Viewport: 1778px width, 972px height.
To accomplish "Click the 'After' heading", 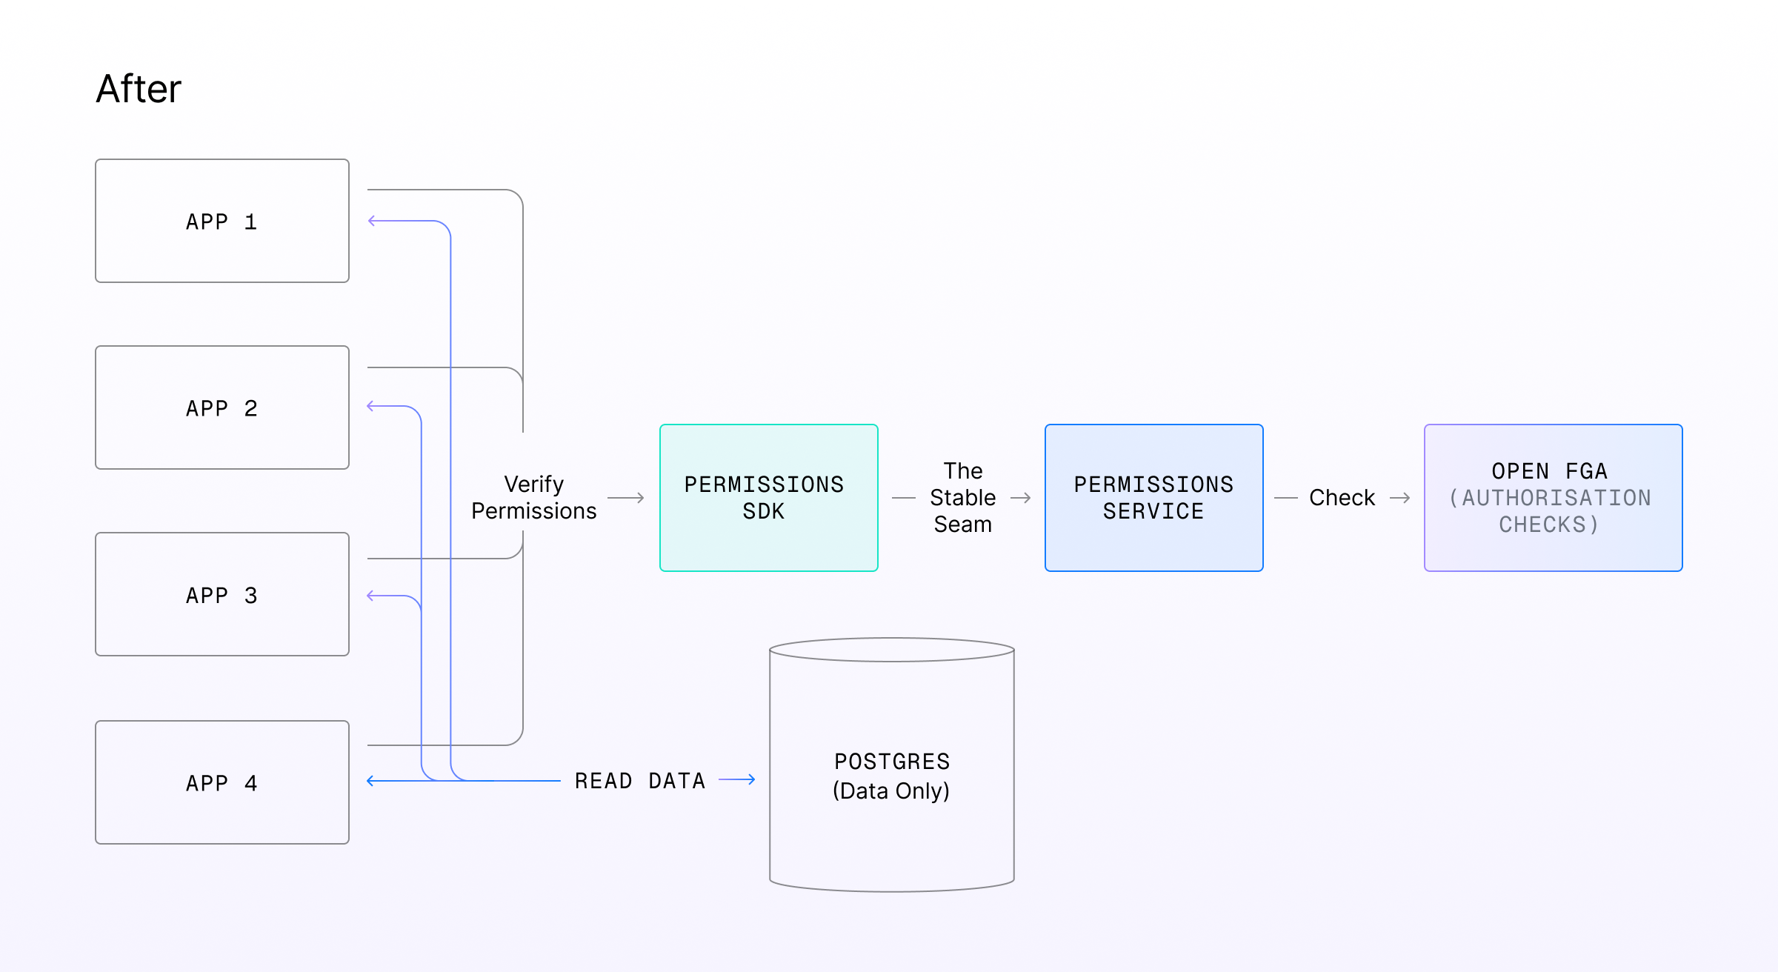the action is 139,89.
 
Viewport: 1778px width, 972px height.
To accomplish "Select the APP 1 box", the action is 222,221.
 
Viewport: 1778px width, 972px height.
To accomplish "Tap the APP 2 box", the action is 222,407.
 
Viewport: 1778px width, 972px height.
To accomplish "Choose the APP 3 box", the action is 222,594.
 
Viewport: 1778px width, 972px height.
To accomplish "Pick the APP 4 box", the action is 222,782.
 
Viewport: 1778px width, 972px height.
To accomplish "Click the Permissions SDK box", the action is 769,498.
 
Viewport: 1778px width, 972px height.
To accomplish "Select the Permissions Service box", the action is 1154,498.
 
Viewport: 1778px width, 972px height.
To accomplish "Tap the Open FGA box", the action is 1554,498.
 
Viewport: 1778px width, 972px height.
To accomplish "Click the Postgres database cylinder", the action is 892,765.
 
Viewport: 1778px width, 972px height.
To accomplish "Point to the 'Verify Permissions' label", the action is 534,498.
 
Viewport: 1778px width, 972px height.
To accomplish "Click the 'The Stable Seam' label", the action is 963,498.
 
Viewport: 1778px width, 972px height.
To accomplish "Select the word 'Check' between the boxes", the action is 1342,498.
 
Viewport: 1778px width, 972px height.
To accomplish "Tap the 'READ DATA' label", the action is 640,781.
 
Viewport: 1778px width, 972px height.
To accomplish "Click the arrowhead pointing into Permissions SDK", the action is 640,498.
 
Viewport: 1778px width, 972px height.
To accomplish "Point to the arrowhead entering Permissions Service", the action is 1027,498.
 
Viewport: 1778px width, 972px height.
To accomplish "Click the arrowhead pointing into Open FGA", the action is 1406,498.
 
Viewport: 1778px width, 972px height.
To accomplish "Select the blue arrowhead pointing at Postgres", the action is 751,779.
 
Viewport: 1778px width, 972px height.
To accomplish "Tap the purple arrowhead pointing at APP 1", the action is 372,221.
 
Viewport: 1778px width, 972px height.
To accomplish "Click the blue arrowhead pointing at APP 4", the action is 371,781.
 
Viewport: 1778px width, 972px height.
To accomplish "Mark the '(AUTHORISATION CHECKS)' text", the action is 1550,511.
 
